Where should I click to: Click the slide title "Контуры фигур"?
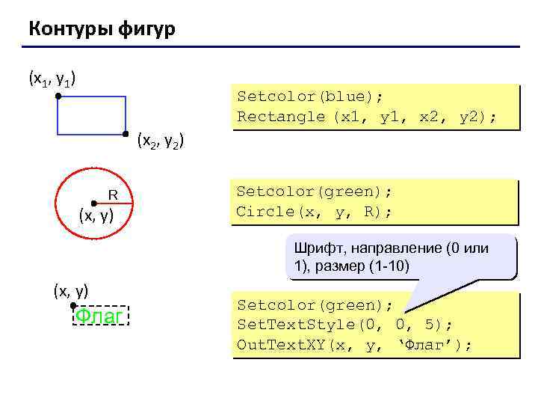tap(102, 29)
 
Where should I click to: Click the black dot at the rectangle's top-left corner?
tap(58, 97)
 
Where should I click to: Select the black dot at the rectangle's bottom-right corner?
tap(126, 135)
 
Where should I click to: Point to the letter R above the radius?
tap(114, 195)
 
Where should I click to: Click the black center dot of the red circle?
tap(93, 203)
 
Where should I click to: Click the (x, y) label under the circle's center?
tap(96, 217)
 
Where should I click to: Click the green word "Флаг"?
tap(101, 317)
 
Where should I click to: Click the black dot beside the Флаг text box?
tap(73, 306)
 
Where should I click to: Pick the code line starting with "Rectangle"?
tap(366, 117)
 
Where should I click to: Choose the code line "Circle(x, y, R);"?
tap(314, 212)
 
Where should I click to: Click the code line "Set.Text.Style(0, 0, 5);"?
tap(344, 325)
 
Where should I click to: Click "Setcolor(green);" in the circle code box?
tap(315, 192)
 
